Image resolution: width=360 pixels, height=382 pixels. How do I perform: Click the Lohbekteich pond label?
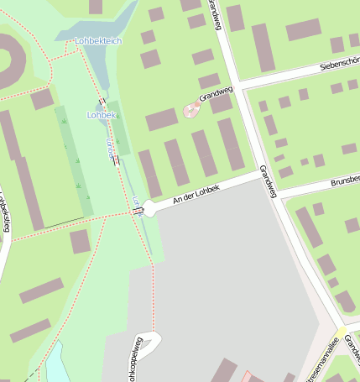point(97,40)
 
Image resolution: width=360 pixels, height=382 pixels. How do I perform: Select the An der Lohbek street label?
point(196,195)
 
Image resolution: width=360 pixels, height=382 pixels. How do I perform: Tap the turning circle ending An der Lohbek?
point(149,207)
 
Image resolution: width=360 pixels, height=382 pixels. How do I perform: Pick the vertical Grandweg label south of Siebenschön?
point(268,181)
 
